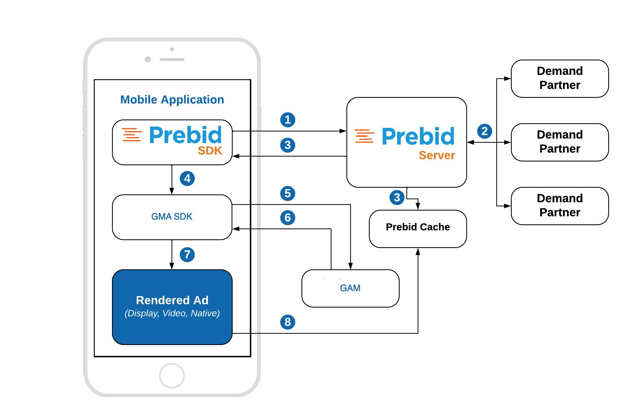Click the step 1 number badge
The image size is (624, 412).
288,120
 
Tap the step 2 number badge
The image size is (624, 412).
484,131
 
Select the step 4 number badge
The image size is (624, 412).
187,178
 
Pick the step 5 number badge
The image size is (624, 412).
288,193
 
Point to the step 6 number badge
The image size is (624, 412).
288,218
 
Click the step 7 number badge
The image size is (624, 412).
187,255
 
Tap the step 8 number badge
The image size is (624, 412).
288,322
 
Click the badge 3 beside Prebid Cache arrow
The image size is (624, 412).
397,197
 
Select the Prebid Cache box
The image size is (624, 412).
418,228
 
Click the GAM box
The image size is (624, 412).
350,288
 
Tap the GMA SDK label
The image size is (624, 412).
172,216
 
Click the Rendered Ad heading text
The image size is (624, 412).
172,300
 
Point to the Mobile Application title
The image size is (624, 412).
172,100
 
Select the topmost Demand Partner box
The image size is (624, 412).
560,78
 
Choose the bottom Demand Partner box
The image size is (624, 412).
560,206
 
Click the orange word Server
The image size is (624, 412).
437,155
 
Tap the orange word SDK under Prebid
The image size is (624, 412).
210,151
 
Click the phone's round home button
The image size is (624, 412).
172,375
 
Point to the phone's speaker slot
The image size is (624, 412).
172,60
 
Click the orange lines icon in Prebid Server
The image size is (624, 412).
364,136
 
